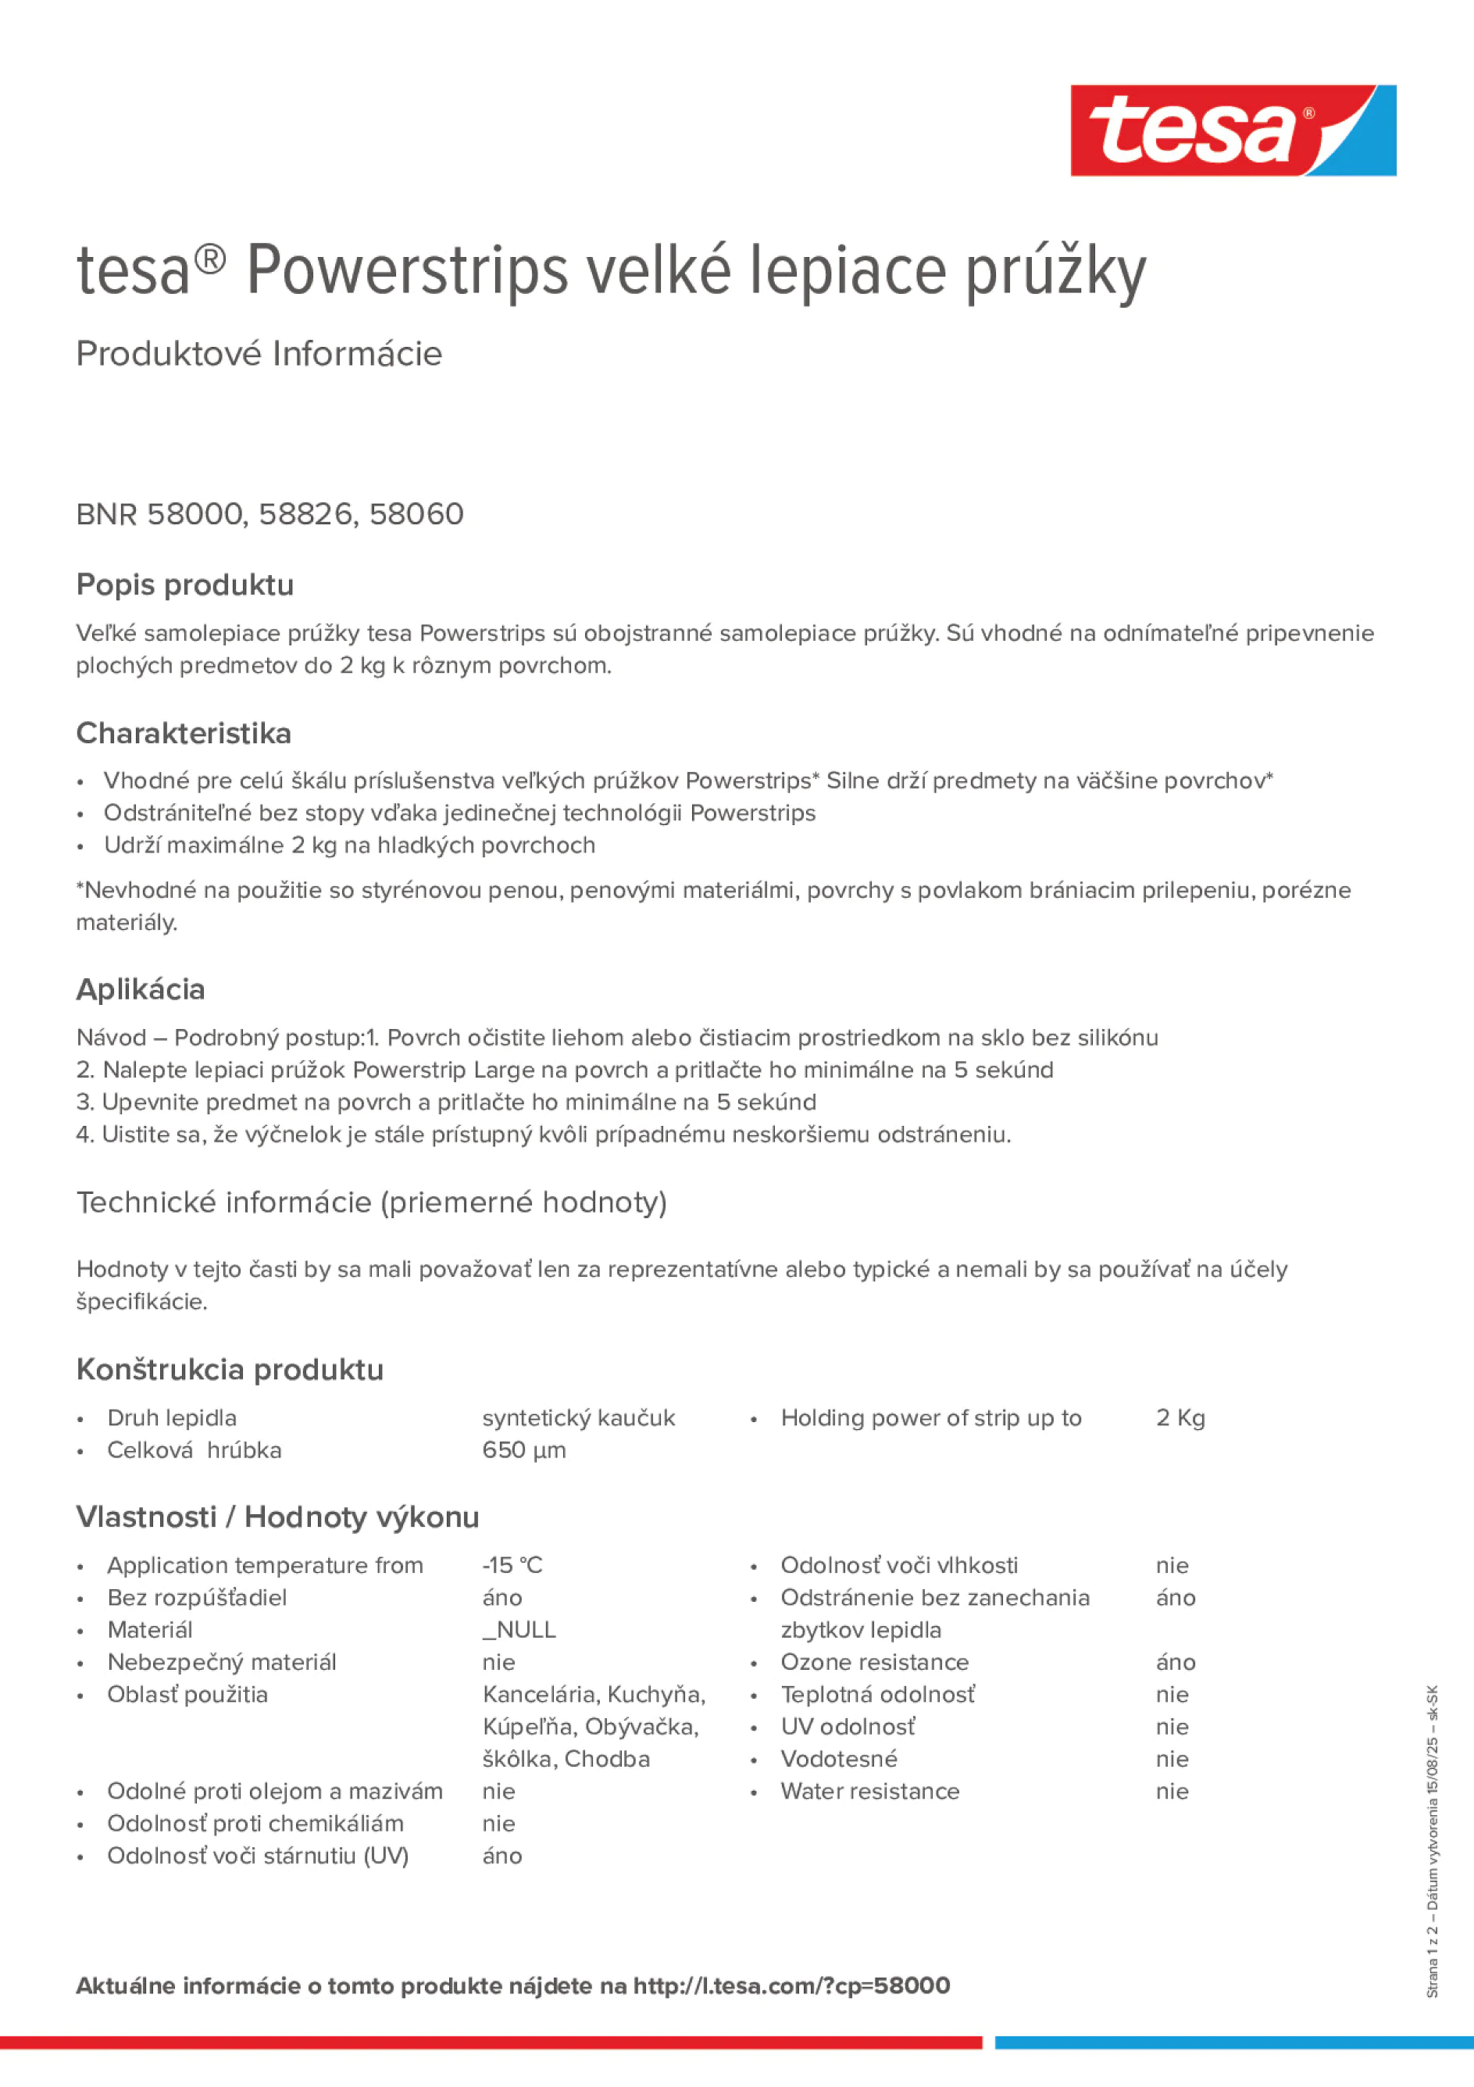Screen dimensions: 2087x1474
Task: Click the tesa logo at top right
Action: coord(1233,131)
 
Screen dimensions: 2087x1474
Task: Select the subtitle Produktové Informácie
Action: coord(259,354)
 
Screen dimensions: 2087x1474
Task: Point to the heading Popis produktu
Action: coord(184,585)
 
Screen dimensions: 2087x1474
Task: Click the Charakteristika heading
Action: coord(184,734)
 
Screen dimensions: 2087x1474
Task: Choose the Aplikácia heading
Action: coord(141,990)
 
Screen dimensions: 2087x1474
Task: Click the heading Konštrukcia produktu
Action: coord(230,1370)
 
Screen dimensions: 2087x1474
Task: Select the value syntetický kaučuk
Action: coord(579,1418)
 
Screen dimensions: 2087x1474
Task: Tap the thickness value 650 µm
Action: coord(524,1450)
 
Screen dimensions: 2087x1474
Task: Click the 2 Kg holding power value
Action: coord(1180,1418)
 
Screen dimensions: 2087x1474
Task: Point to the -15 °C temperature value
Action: coord(512,1565)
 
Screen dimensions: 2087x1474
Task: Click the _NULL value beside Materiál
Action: coord(519,1630)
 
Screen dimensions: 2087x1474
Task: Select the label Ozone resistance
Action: coord(874,1663)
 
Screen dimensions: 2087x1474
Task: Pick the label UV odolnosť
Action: coord(848,1727)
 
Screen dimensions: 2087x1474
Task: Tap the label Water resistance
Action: coord(869,1792)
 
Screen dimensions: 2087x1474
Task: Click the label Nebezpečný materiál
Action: coord(222,1663)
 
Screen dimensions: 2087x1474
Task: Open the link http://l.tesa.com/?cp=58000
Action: coord(791,1986)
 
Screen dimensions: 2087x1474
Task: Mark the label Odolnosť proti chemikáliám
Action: coord(255,1824)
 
